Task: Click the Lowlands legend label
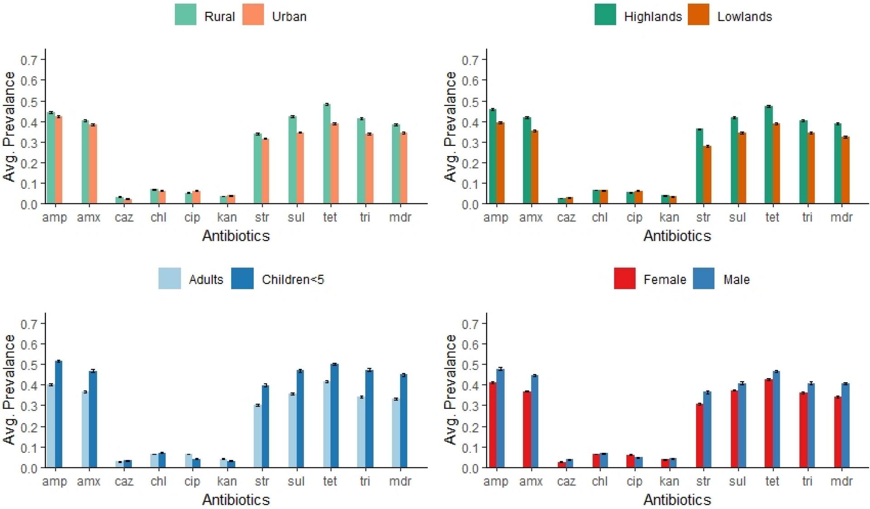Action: pyautogui.click(x=744, y=17)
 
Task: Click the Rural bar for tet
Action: pyautogui.click(x=327, y=154)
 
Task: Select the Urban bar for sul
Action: pyautogui.click(x=300, y=168)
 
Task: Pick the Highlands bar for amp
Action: pyautogui.click(x=493, y=156)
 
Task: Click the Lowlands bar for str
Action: pyautogui.click(x=707, y=175)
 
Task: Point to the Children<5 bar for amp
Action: pyautogui.click(x=58, y=414)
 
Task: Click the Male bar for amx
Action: pyautogui.click(x=535, y=421)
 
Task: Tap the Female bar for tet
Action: pyautogui.click(x=768, y=423)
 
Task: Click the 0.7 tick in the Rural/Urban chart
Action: pyautogui.click(x=29, y=60)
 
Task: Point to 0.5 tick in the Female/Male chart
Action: pyautogui.click(x=470, y=365)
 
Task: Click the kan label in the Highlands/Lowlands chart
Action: pyautogui.click(x=669, y=217)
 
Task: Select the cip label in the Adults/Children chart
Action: pyautogui.click(x=192, y=481)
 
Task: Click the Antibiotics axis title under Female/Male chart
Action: pyautogui.click(x=677, y=499)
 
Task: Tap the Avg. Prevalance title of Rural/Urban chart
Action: pyautogui.click(x=10, y=127)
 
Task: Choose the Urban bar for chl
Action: pyautogui.click(x=162, y=197)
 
